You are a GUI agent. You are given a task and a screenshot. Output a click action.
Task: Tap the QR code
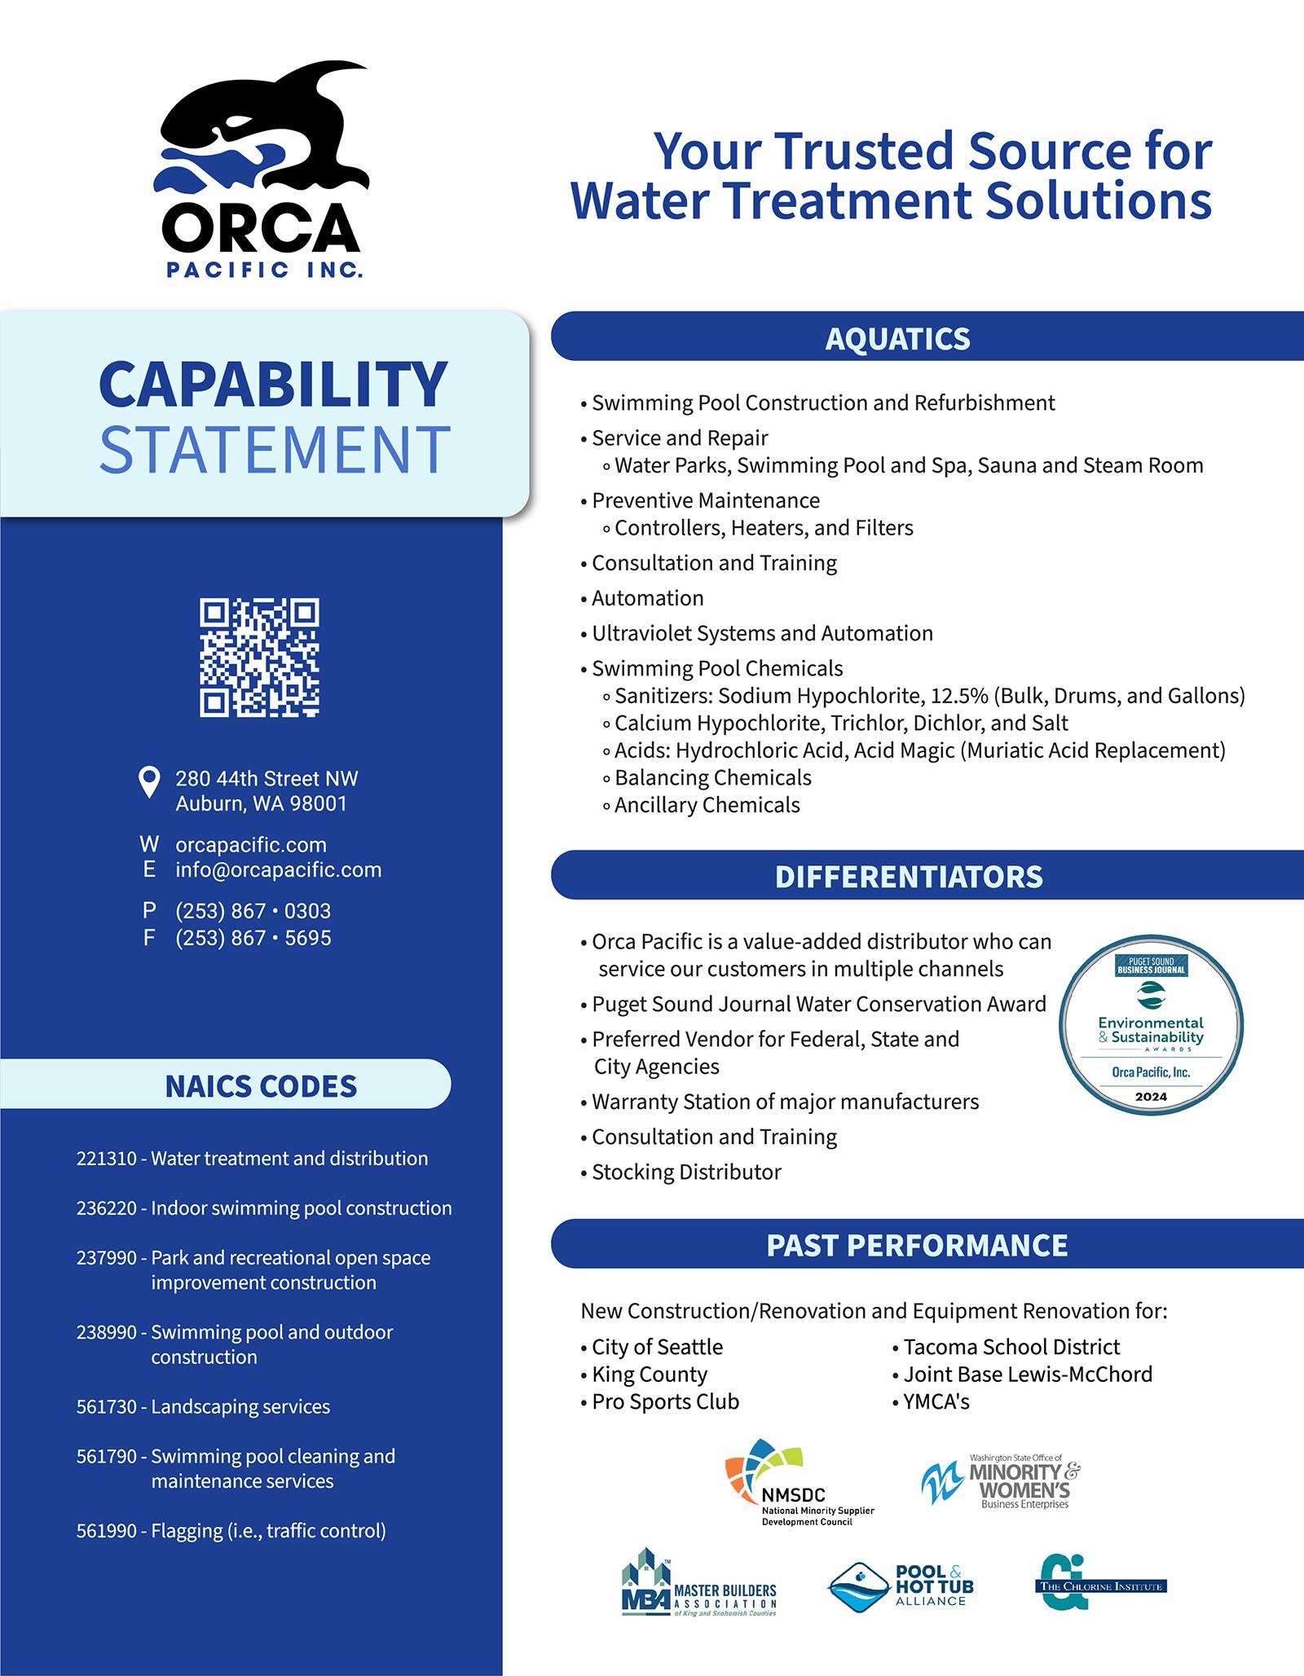coord(260,658)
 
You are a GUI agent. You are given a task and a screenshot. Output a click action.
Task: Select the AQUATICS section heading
coord(897,339)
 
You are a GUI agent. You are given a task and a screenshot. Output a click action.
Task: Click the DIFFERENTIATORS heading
coord(909,877)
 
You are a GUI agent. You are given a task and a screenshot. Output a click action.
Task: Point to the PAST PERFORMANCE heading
coord(917,1245)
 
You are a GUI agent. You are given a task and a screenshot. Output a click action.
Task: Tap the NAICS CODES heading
coord(261,1086)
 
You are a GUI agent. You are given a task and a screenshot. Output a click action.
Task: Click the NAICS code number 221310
coord(107,1159)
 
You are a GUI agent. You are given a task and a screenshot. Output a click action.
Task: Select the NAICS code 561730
coord(107,1406)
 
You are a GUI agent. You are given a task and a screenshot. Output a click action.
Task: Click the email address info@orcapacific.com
coord(279,869)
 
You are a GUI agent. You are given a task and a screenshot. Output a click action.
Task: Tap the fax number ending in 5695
coord(253,938)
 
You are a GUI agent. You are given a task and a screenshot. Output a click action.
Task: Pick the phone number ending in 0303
coord(253,911)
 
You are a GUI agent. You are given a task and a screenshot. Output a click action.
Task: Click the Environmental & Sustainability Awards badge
coord(1151,1024)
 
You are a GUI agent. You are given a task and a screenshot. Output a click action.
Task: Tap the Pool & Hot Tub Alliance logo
coord(901,1586)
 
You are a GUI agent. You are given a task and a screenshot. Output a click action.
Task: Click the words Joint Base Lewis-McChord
coord(1028,1374)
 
